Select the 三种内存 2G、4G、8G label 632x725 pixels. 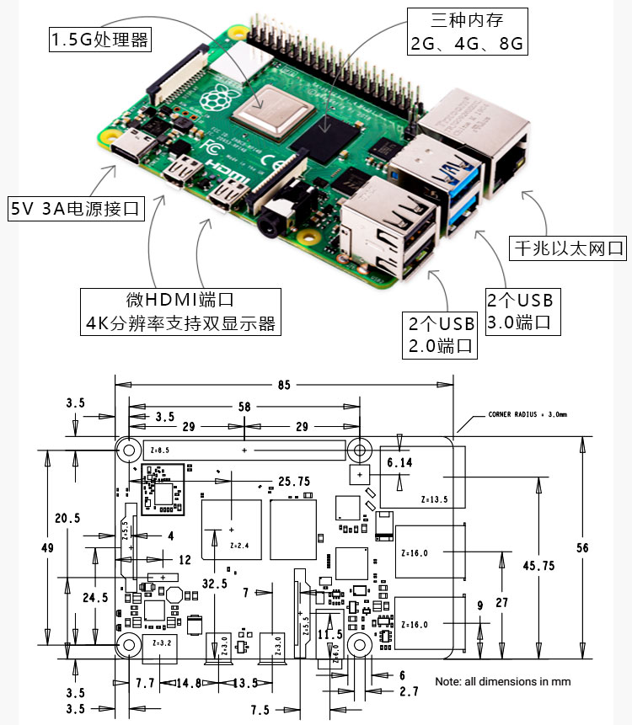(468, 31)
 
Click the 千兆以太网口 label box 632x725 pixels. (570, 248)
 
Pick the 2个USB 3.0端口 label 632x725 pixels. (523, 310)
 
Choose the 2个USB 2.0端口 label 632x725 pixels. (442, 334)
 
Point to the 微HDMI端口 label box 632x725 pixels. (182, 312)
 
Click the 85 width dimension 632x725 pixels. (283, 385)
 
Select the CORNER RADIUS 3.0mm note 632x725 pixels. (528, 414)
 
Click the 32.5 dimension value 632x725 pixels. (214, 583)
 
